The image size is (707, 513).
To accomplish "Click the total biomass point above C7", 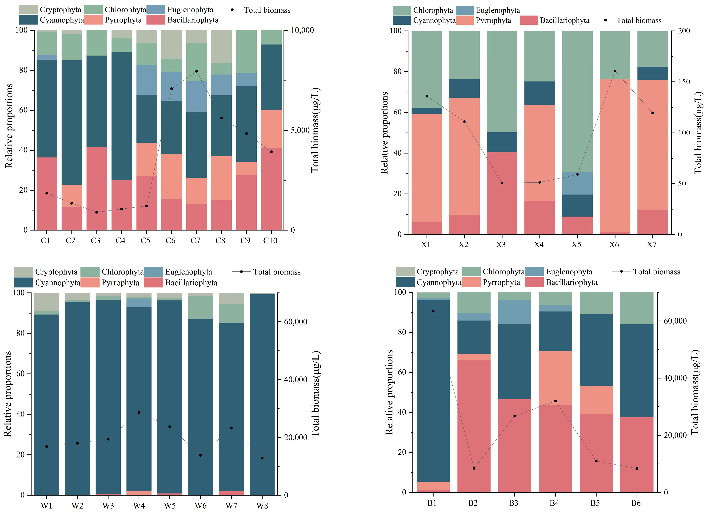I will coord(196,71).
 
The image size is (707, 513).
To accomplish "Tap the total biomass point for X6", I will coord(615,71).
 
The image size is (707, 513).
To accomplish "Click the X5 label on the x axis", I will coord(576,245).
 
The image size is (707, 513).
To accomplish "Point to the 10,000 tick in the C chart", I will coord(302,30).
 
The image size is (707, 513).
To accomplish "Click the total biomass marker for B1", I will coord(433,311).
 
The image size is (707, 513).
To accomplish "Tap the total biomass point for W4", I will coord(139,412).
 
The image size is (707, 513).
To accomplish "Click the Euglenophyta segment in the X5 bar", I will coord(577,183).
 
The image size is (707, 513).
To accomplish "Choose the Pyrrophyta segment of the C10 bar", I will coord(271,129).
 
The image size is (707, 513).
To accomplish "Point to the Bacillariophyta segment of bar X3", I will coord(502,193).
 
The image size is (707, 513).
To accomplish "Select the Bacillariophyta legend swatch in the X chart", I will coord(529,20).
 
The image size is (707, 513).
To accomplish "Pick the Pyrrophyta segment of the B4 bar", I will coord(555,378).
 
